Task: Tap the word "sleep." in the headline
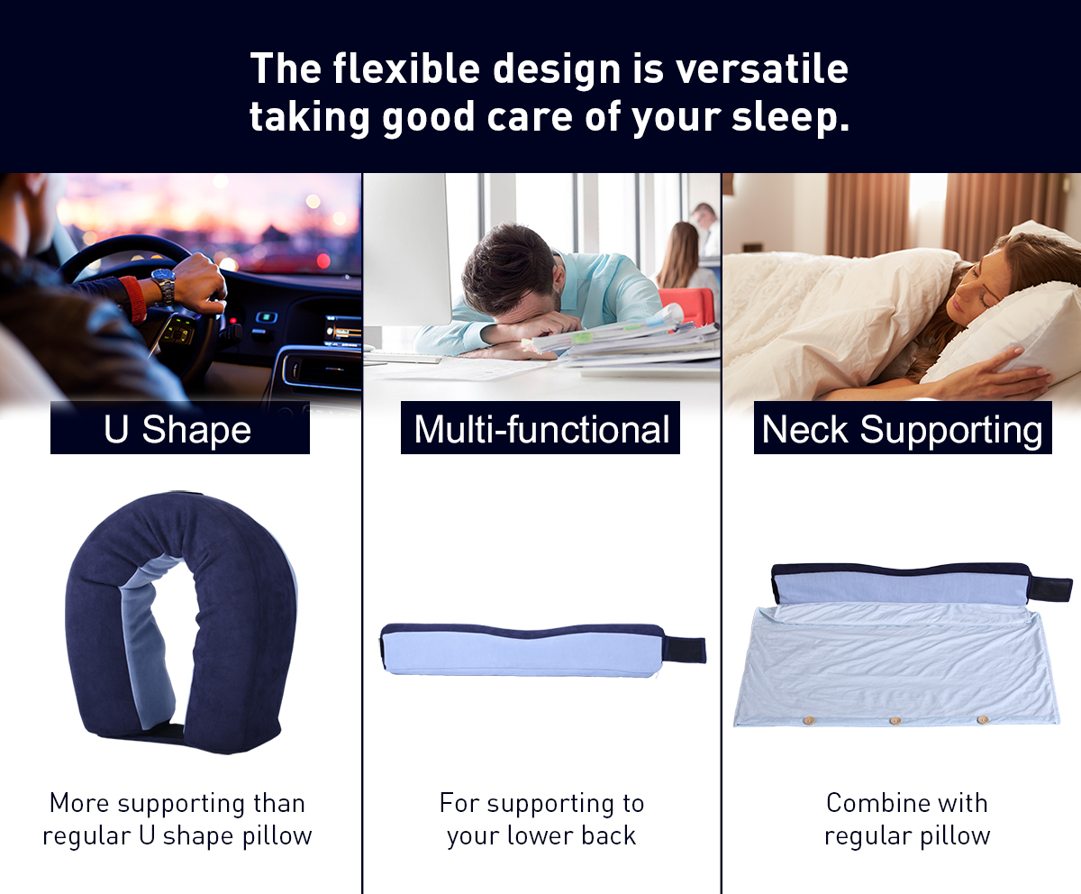click(x=791, y=117)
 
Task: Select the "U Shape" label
click(x=179, y=428)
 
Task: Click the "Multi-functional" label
click(x=540, y=428)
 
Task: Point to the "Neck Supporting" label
click(x=903, y=428)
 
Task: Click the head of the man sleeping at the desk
click(x=510, y=269)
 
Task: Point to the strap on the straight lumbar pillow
click(x=685, y=650)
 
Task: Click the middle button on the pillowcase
click(x=895, y=720)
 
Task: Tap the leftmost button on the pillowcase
click(x=808, y=719)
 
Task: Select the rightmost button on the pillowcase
click(x=983, y=719)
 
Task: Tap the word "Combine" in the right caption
click(x=870, y=803)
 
